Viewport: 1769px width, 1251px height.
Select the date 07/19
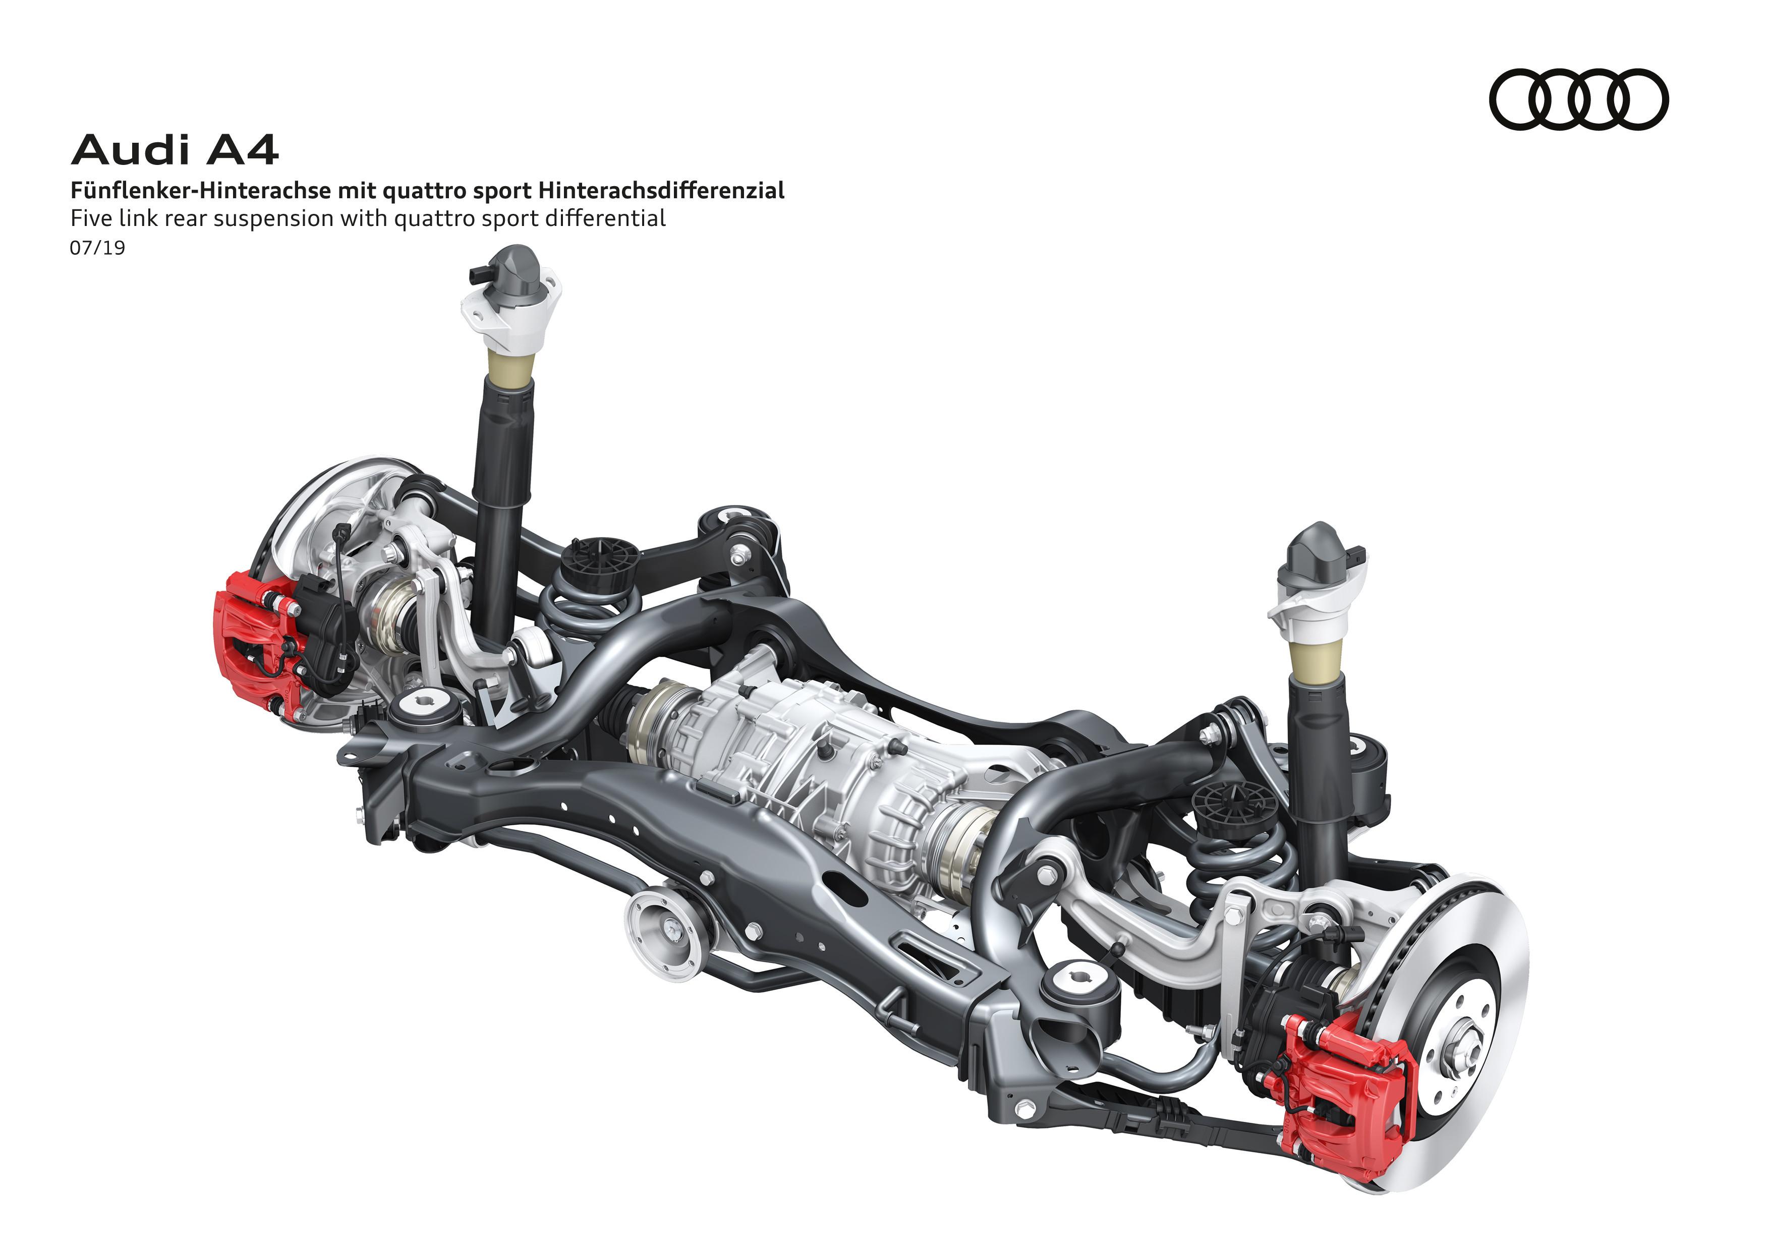click(97, 248)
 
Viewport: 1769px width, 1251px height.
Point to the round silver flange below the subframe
click(664, 934)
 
